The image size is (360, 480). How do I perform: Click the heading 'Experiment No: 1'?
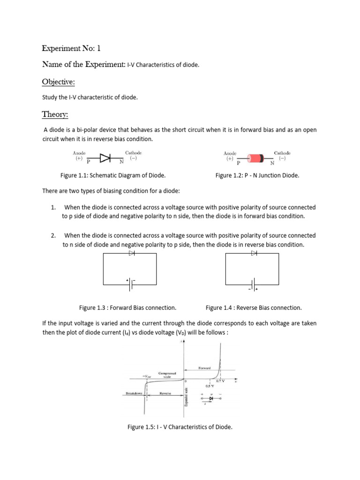click(x=71, y=48)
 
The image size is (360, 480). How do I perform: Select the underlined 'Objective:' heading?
click(x=59, y=82)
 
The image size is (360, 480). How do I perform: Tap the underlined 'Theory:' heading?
click(x=55, y=114)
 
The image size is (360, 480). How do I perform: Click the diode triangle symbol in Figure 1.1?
click(x=105, y=158)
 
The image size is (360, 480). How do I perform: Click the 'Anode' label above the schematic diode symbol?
click(x=79, y=153)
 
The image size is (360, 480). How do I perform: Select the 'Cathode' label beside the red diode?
click(x=282, y=153)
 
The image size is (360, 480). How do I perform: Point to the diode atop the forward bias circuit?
click(x=131, y=253)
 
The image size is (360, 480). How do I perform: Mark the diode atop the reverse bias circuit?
click(x=254, y=253)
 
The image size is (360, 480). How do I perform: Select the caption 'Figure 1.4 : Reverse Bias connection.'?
click(x=254, y=308)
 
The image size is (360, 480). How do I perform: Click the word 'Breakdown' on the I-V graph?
click(x=134, y=393)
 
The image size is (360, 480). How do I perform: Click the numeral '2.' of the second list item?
click(x=54, y=235)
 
